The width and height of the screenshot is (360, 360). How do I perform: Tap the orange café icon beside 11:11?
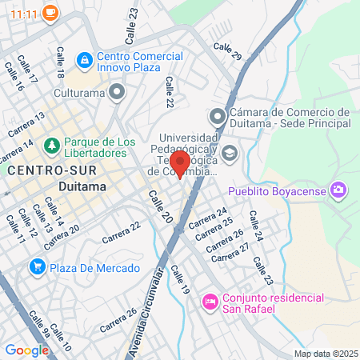(x=50, y=13)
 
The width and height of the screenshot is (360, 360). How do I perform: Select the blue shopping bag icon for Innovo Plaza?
(x=83, y=60)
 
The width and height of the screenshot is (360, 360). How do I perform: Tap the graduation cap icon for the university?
(x=230, y=154)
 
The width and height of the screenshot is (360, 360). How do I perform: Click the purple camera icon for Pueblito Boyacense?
(x=339, y=190)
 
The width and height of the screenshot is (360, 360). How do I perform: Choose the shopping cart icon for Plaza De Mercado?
(x=37, y=266)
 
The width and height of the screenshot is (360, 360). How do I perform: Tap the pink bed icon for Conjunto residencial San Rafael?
(x=210, y=302)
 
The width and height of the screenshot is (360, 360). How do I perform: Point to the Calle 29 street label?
(x=227, y=52)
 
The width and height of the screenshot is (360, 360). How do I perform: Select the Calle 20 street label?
(x=159, y=206)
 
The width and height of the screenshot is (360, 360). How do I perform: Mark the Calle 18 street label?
(x=59, y=63)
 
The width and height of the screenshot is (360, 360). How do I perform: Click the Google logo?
(x=26, y=350)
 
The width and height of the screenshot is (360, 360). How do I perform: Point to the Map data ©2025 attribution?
(x=325, y=354)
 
